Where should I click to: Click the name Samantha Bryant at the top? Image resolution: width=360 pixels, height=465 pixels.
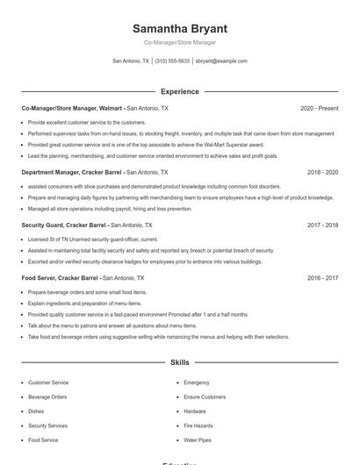click(x=179, y=28)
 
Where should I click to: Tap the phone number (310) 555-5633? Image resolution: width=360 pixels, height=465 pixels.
click(x=172, y=61)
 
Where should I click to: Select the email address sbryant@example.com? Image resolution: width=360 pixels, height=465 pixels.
click(x=221, y=61)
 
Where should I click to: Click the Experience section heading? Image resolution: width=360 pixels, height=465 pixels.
click(x=179, y=91)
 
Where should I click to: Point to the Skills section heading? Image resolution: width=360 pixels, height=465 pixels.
click(x=179, y=361)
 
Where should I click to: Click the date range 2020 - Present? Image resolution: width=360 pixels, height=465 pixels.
click(x=319, y=108)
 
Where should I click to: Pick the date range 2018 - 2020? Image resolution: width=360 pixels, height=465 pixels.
click(x=322, y=173)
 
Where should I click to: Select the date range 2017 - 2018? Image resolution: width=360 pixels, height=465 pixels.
click(x=322, y=225)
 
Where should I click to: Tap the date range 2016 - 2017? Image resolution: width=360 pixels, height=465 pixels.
click(x=322, y=277)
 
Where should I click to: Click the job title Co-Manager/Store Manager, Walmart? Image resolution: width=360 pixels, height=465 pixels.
click(x=73, y=108)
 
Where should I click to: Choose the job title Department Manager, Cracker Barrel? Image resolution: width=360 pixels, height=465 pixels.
click(x=72, y=173)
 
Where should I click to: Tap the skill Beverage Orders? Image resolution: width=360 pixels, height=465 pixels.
click(x=47, y=397)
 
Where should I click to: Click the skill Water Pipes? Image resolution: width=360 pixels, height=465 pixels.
click(x=198, y=440)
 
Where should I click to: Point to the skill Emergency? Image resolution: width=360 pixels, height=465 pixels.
click(x=197, y=383)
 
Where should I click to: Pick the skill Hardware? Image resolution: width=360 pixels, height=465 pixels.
click(x=195, y=411)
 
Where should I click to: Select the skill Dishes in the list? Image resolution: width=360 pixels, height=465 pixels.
click(x=36, y=411)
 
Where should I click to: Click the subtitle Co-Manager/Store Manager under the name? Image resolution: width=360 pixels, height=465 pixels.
click(x=179, y=42)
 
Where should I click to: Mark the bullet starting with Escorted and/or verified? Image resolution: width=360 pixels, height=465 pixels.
click(x=145, y=261)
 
